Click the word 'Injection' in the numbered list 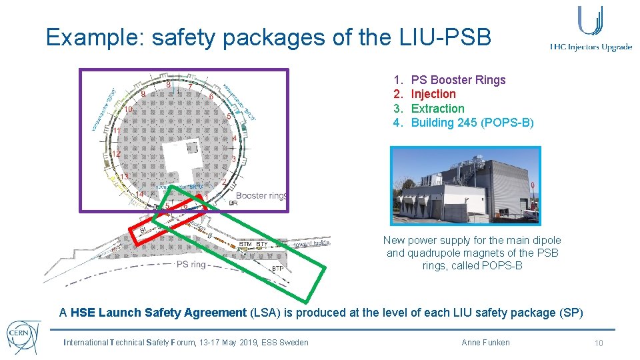(433, 94)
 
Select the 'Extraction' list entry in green (437, 108)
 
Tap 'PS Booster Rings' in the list (458, 80)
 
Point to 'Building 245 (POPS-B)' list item (472, 123)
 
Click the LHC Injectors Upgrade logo (591, 30)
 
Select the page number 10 (599, 343)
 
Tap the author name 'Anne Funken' (485, 343)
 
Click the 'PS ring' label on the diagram (191, 264)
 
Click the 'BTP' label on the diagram (278, 269)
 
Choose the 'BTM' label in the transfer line (245, 245)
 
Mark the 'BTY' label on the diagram (261, 245)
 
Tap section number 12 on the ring (116, 154)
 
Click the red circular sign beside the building (532, 184)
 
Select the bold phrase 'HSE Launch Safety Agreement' (159, 313)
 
